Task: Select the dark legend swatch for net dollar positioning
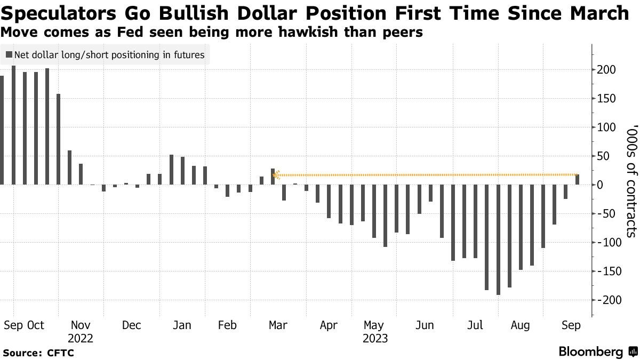[9, 55]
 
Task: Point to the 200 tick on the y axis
[607, 70]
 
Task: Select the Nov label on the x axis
[81, 325]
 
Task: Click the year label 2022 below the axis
[81, 338]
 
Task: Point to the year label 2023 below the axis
[375, 338]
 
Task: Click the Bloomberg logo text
[590, 352]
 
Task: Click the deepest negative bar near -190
[498, 239]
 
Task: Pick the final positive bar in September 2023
[577, 180]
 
